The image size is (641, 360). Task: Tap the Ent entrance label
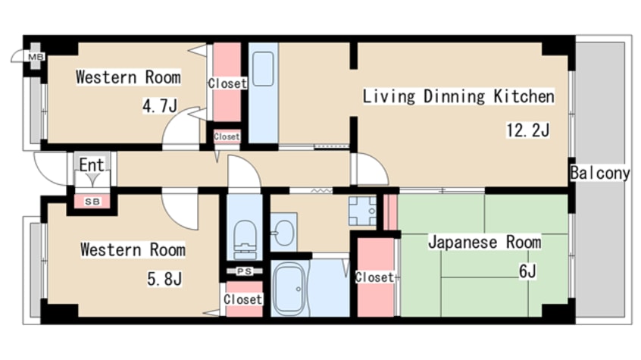pyautogui.click(x=92, y=164)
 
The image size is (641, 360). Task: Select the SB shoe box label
pyautogui.click(x=92, y=201)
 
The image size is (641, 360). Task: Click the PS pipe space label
pyautogui.click(x=243, y=271)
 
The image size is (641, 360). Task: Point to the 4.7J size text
pyautogui.click(x=159, y=106)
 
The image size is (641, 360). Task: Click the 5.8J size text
pyautogui.click(x=164, y=279)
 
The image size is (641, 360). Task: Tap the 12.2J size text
pyautogui.click(x=527, y=130)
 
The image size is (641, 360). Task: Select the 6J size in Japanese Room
pyautogui.click(x=527, y=271)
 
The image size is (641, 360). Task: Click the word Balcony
pyautogui.click(x=600, y=173)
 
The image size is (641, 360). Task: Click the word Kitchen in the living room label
pyautogui.click(x=524, y=96)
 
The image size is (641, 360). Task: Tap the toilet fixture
pyautogui.click(x=245, y=236)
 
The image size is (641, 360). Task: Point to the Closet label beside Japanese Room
pyautogui.click(x=374, y=277)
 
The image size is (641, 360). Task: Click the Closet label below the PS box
pyautogui.click(x=242, y=299)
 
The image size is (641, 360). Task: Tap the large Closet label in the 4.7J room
pyautogui.click(x=227, y=83)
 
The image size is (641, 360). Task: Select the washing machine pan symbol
pyautogui.click(x=362, y=210)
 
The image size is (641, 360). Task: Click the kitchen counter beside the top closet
pyautogui.click(x=264, y=91)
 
